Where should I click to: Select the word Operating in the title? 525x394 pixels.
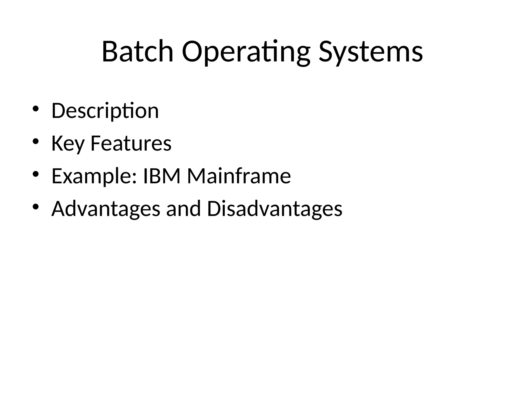pyautogui.click(x=246, y=52)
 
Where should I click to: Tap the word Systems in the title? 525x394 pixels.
pyautogui.click(x=371, y=52)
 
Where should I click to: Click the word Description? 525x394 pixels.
pyautogui.click(x=105, y=111)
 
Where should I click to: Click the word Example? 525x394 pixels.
pyautogui.click(x=91, y=176)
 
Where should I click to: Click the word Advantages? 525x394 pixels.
pyautogui.click(x=106, y=209)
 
